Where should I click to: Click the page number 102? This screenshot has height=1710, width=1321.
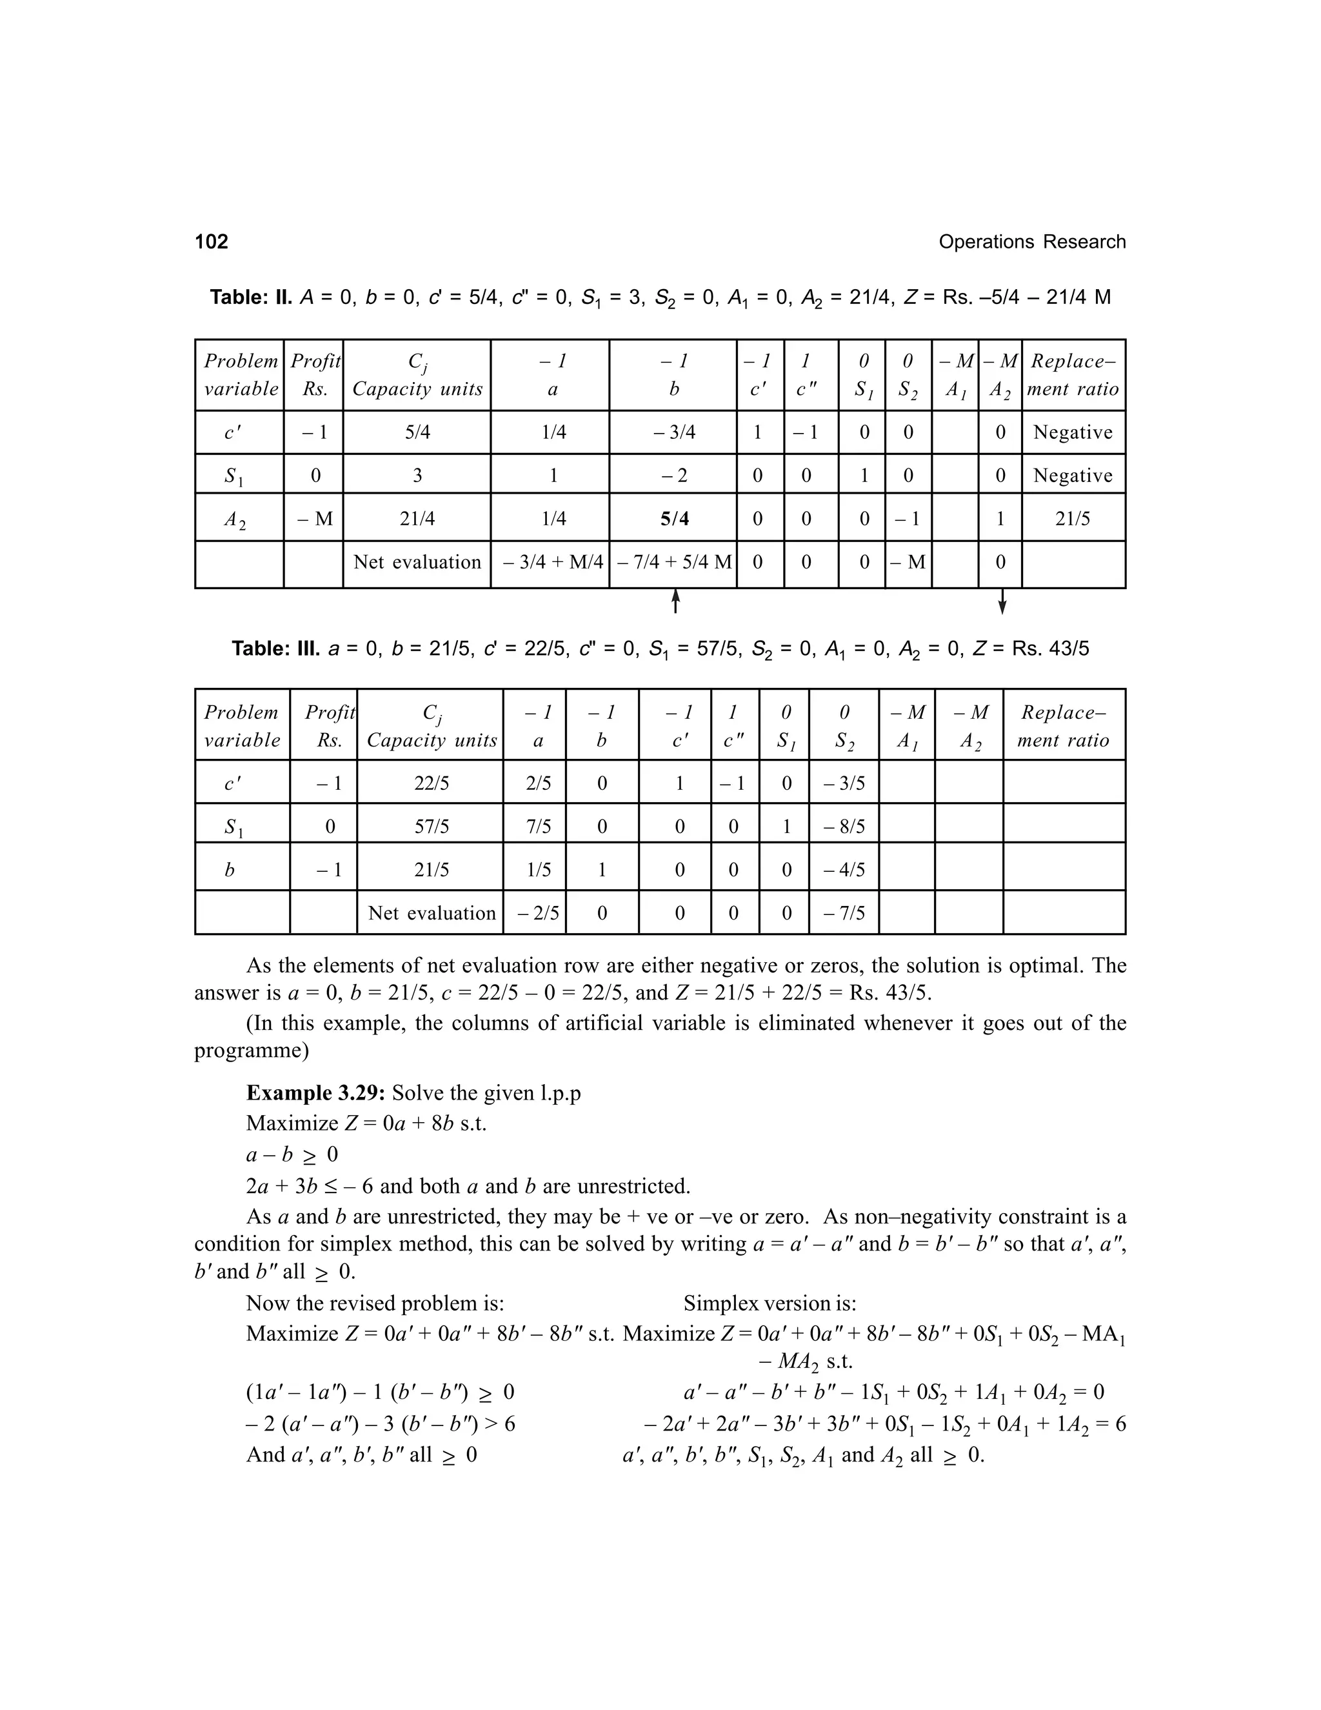pyautogui.click(x=212, y=241)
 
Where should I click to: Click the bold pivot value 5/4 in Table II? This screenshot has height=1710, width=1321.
pyautogui.click(x=674, y=518)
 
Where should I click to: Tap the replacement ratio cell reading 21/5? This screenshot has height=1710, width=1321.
pyautogui.click(x=1072, y=518)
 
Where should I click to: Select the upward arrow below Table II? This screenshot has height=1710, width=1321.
pyautogui.click(x=675, y=601)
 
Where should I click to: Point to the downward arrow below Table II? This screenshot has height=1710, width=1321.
pyautogui.click(x=1002, y=601)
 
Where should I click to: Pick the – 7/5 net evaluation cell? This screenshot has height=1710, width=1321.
pyautogui.click(x=844, y=913)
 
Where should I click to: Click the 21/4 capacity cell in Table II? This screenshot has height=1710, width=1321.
pyautogui.click(x=417, y=518)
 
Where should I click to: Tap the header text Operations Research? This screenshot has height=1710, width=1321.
pyautogui.click(x=1031, y=242)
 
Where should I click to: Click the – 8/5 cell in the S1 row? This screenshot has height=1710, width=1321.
pyautogui.click(x=844, y=827)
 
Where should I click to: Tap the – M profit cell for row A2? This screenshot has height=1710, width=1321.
pyautogui.click(x=315, y=518)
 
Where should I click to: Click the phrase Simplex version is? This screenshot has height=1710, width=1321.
pyautogui.click(x=770, y=1303)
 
